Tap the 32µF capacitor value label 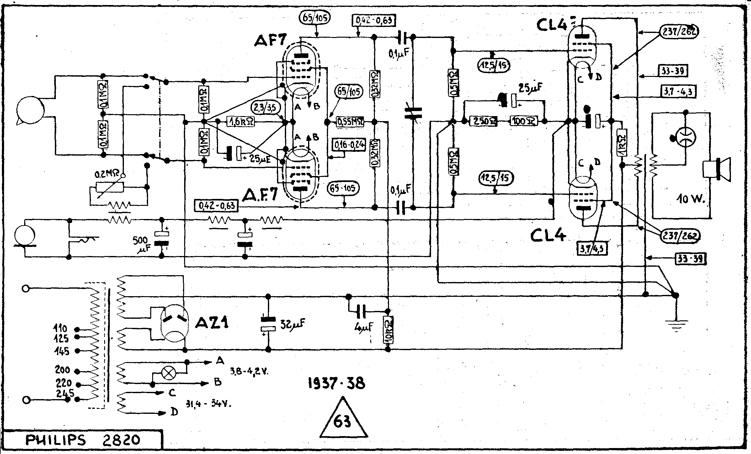pyautogui.click(x=292, y=323)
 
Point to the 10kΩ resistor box pyautogui.click(x=388, y=330)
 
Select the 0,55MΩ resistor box pyautogui.click(x=350, y=121)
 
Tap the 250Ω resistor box pyautogui.click(x=483, y=121)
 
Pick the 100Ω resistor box pyautogui.click(x=524, y=121)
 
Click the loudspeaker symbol pyautogui.click(x=716, y=169)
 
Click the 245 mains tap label pyautogui.click(x=65, y=393)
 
